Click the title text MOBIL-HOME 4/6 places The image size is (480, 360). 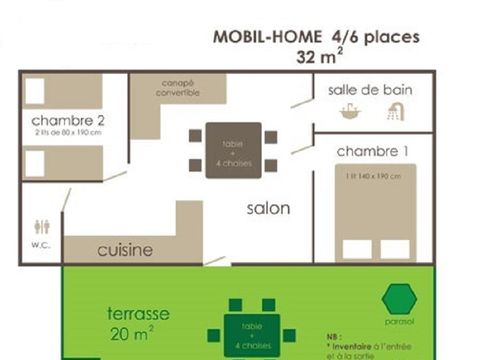pyautogui.click(x=316, y=37)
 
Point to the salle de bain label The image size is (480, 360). pyautogui.click(x=369, y=89)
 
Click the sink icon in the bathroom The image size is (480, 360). pyautogui.click(x=350, y=112)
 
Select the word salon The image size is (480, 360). pyautogui.click(x=268, y=208)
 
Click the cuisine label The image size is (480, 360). pyautogui.click(x=125, y=250)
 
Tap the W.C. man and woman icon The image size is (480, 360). pyautogui.click(x=40, y=226)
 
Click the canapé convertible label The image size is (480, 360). pyautogui.click(x=177, y=89)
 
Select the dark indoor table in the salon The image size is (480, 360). pyautogui.click(x=232, y=150)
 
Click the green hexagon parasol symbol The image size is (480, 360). pyautogui.click(x=399, y=297)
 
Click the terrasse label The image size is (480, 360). pyautogui.click(x=137, y=313)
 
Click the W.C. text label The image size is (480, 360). pyautogui.click(x=39, y=243)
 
